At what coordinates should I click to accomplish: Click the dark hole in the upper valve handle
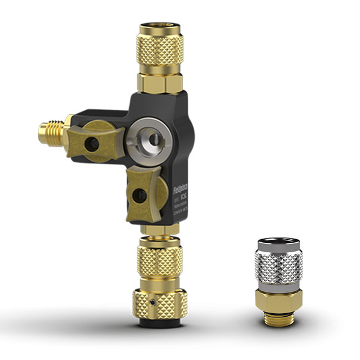point(92,144)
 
